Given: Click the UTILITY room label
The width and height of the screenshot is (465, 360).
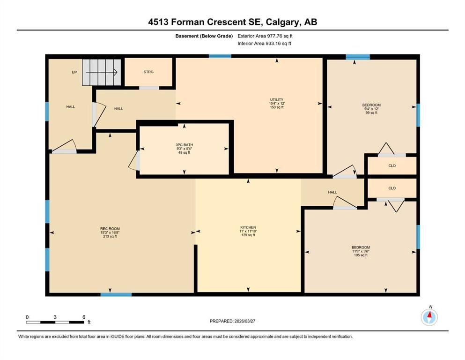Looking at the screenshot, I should (x=276, y=99).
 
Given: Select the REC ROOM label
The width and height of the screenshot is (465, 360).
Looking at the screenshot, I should (x=110, y=228).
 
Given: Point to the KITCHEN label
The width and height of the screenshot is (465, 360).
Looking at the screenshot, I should (x=248, y=227).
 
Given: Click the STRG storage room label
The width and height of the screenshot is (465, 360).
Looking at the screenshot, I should (x=148, y=72).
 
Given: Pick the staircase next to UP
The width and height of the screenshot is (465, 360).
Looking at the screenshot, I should (x=102, y=72).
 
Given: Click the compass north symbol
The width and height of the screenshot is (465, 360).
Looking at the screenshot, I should (x=429, y=317).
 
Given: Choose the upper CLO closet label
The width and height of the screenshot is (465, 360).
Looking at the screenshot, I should (x=392, y=165).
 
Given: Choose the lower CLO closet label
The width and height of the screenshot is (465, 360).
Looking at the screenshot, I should (x=392, y=188).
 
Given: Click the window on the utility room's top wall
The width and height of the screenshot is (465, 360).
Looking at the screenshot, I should (x=220, y=56).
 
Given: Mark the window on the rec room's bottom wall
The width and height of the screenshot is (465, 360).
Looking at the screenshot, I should (x=116, y=294).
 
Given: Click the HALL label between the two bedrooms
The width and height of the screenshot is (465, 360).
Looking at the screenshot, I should (x=332, y=192).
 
